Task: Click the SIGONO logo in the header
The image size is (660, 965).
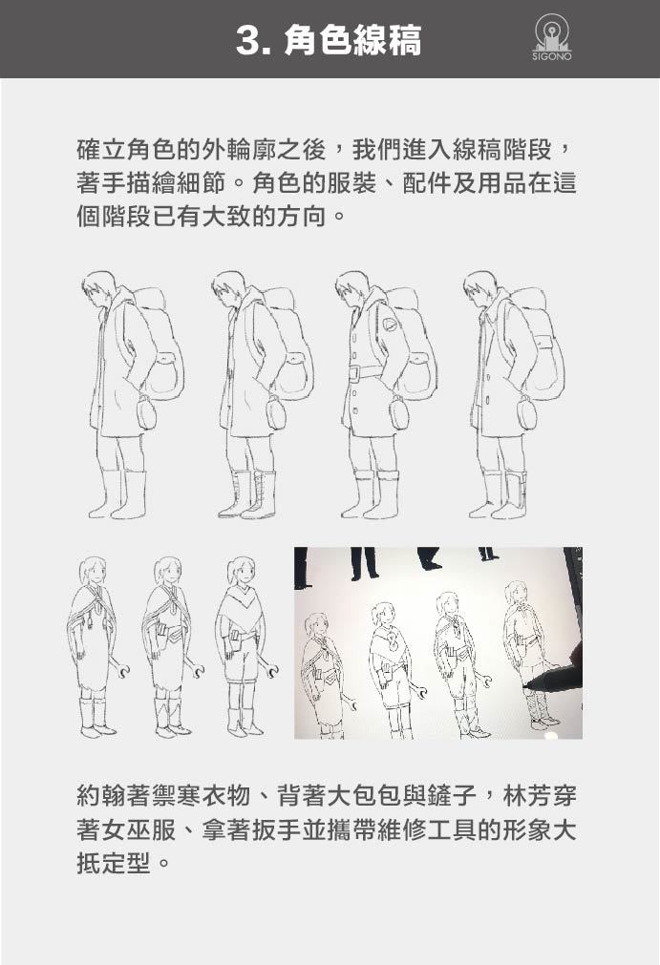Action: (552, 37)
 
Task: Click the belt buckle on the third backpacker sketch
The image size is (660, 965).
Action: (354, 373)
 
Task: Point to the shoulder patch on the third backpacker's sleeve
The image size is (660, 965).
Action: (390, 325)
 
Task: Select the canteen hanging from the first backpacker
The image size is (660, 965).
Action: (146, 411)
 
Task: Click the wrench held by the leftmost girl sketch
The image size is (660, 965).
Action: (120, 667)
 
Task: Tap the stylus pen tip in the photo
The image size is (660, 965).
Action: (525, 684)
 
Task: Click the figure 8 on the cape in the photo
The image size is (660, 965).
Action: (392, 642)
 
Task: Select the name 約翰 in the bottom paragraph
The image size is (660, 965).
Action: (101, 795)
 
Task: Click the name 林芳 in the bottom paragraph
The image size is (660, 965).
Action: (527, 795)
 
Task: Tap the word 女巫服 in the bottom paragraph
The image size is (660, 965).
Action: (139, 829)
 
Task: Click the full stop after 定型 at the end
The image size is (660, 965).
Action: (163, 864)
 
